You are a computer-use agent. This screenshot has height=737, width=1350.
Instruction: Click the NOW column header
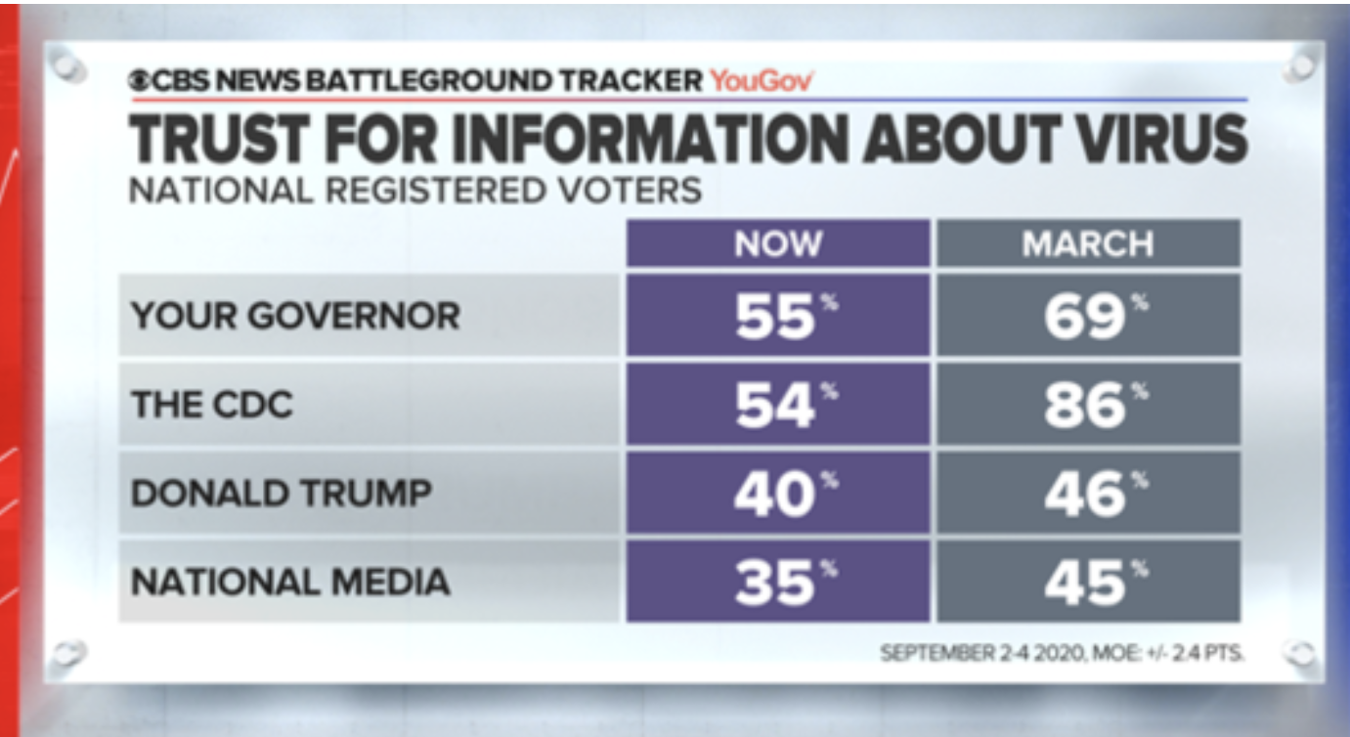[x=778, y=243]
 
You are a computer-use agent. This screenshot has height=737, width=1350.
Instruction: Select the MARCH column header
[x=1088, y=243]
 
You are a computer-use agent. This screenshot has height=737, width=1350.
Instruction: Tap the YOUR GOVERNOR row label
[x=295, y=316]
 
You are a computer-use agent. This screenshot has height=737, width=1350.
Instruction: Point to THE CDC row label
[x=212, y=405]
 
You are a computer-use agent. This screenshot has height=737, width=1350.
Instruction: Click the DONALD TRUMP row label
[x=281, y=493]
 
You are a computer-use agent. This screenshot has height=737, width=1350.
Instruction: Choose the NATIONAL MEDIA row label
[x=290, y=582]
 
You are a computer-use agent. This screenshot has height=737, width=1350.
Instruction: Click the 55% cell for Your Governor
[x=778, y=316]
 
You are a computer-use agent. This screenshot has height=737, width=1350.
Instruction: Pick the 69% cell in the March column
[x=1088, y=316]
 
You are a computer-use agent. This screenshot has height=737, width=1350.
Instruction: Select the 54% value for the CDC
[x=778, y=405]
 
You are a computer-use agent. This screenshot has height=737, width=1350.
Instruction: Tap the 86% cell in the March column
[x=1088, y=405]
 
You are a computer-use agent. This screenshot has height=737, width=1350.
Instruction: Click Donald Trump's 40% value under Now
[x=778, y=493]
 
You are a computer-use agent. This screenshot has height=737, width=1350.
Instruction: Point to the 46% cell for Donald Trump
[x=1088, y=493]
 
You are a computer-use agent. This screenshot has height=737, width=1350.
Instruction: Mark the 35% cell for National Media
[x=778, y=582]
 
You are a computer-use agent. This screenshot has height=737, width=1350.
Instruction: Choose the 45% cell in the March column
[x=1088, y=582]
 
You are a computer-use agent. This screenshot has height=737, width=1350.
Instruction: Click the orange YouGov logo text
[x=762, y=81]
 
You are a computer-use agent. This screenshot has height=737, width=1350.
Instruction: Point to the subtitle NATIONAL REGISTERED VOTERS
[x=415, y=189]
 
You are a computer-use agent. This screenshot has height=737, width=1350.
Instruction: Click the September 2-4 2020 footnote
[x=1063, y=651]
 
